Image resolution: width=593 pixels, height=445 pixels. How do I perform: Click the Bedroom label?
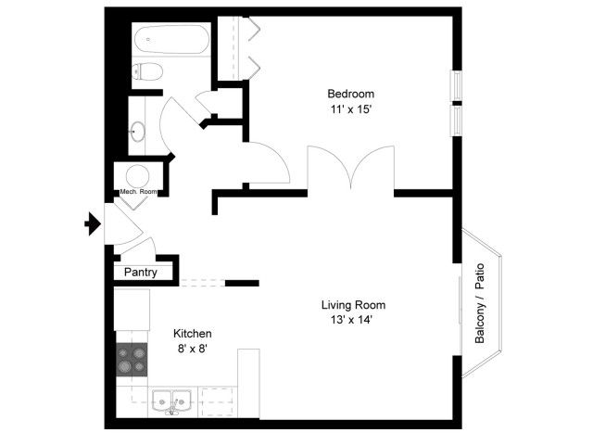[x=350, y=94]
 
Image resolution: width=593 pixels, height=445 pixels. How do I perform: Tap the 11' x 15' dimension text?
[x=351, y=109]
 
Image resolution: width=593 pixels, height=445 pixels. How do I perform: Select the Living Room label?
[x=353, y=305]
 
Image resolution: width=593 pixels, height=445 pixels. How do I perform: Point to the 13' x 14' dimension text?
[x=352, y=320]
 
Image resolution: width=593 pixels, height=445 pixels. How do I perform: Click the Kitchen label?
[x=192, y=334]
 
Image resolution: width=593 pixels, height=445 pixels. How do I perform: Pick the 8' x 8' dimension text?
[x=193, y=349]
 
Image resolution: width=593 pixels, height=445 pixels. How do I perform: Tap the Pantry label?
[x=140, y=273]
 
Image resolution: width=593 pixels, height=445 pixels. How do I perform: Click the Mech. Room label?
[x=138, y=192]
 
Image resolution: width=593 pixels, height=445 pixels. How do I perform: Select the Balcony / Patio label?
[x=480, y=303]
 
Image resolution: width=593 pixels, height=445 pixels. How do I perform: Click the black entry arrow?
[x=93, y=223]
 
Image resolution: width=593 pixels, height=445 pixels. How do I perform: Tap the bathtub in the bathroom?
[x=172, y=39]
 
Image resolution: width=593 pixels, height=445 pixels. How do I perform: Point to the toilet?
[x=147, y=71]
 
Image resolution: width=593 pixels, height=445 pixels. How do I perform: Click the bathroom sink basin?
[x=137, y=131]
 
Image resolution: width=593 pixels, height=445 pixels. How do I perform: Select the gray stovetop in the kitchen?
[x=132, y=360]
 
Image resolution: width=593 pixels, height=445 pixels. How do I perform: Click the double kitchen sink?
[x=171, y=401]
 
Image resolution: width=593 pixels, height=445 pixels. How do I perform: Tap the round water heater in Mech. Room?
[x=137, y=176]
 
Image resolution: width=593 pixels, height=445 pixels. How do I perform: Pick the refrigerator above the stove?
[x=132, y=310]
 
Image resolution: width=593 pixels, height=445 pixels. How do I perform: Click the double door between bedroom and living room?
[x=351, y=168]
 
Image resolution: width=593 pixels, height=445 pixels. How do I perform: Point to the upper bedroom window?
[x=457, y=86]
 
